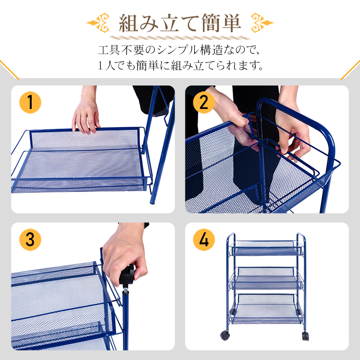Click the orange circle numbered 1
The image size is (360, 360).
[30, 102]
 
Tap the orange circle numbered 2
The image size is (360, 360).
[204, 102]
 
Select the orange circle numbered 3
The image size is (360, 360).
[30, 240]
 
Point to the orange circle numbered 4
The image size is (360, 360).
[204, 240]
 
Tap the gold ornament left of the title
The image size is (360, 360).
[98, 23]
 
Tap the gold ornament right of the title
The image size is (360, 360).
[262, 23]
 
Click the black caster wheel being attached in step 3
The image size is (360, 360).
[127, 275]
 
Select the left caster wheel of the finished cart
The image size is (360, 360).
[225, 336]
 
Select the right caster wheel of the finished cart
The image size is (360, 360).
[305, 336]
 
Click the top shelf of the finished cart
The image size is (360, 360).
[266, 248]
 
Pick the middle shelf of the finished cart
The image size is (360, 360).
[266, 278]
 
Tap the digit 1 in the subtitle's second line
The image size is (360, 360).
[100, 66]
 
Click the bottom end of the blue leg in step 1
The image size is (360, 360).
[152, 202]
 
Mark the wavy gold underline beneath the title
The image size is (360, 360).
[180, 37]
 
